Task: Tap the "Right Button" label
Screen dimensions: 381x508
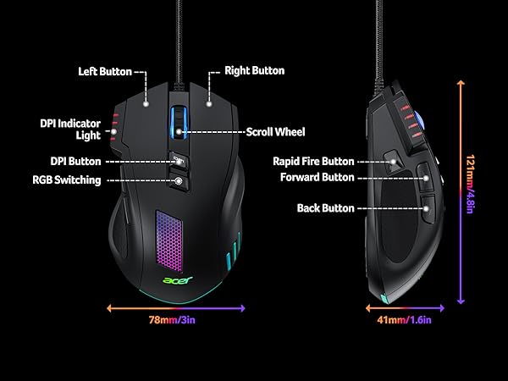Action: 254,71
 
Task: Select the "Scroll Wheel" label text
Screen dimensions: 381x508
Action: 275,132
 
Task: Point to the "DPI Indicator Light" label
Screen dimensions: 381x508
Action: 69,130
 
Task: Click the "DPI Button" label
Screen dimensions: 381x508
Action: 77,161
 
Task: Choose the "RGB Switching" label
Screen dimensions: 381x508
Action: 67,179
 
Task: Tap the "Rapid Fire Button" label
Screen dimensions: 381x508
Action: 313,161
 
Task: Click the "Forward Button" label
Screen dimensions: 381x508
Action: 317,178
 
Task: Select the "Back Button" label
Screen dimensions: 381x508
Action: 325,207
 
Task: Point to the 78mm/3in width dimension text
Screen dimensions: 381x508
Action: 177,320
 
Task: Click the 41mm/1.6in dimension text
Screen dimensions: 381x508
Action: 404,320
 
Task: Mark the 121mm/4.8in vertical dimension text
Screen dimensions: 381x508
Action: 472,191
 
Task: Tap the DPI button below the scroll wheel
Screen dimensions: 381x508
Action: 178,159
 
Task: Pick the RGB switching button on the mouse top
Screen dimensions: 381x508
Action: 179,179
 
